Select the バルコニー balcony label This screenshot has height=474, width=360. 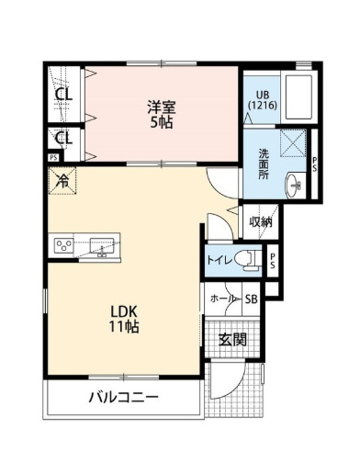[124, 398]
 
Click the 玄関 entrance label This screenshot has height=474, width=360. [231, 338]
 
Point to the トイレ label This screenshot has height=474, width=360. [219, 260]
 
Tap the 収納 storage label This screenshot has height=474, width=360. [260, 221]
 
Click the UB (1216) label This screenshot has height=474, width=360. [260, 99]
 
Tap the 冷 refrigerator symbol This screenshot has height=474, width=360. [62, 181]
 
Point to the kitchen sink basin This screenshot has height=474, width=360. [101, 245]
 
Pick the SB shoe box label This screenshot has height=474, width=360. [251, 299]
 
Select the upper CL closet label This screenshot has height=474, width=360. [62, 95]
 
